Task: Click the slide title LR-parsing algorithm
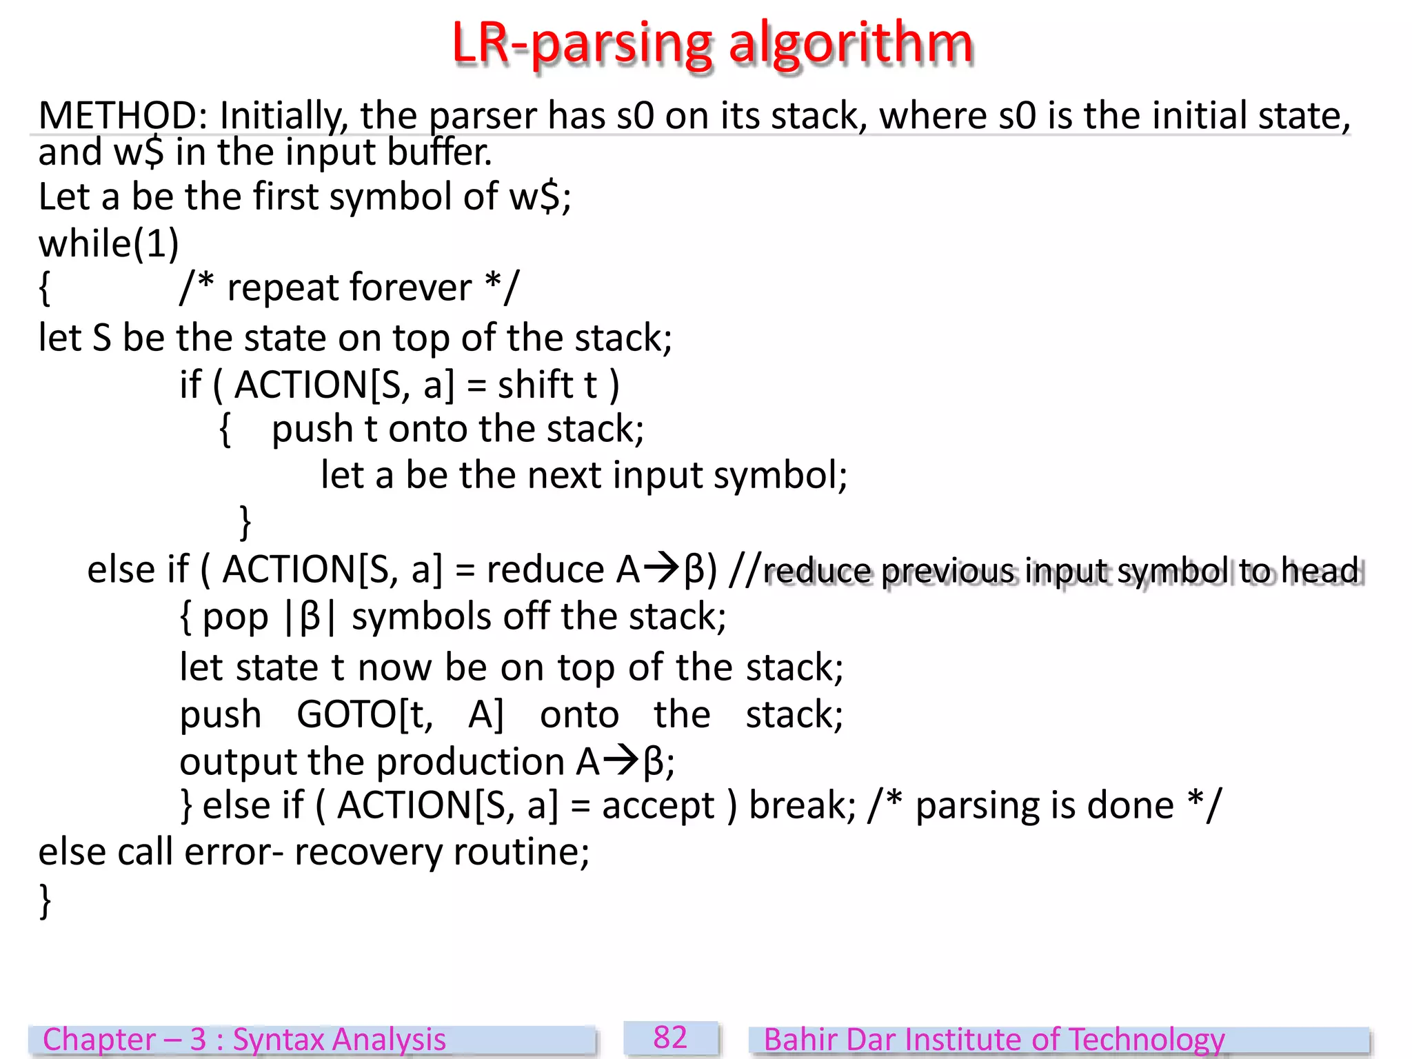coord(712,43)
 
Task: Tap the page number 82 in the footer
coord(670,1038)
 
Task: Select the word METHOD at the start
coord(118,115)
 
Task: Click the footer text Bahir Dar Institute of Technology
coord(994,1040)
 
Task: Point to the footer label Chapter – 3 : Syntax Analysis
coord(244,1040)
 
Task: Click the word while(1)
coord(109,243)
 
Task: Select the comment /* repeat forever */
coord(349,288)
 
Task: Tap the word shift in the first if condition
coord(535,385)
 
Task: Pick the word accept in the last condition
coord(658,805)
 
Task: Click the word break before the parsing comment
coord(802,805)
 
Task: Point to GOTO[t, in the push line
coord(365,714)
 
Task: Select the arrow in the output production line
coord(622,761)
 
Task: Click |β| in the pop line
coord(310,616)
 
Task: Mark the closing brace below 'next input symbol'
coord(245,522)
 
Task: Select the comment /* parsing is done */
coord(1044,805)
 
